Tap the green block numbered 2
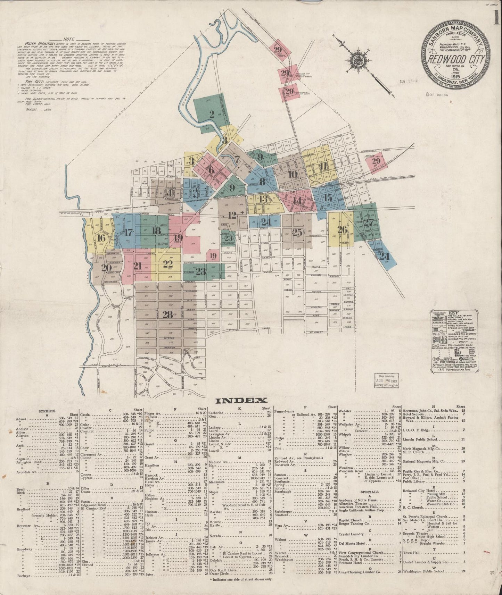[212, 115]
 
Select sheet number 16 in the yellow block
[101, 238]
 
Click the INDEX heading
[241, 400]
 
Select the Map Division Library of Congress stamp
[386, 380]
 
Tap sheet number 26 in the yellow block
[342, 229]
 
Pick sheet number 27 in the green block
[369, 223]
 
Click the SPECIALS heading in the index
[370, 492]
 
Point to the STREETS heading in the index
[48, 411]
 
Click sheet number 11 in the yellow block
[324, 165]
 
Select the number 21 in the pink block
[138, 266]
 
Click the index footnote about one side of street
[241, 579]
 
